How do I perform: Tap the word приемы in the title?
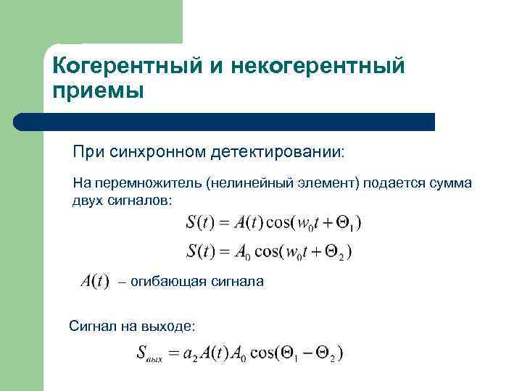click(x=98, y=92)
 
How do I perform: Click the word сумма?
click(x=449, y=183)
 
